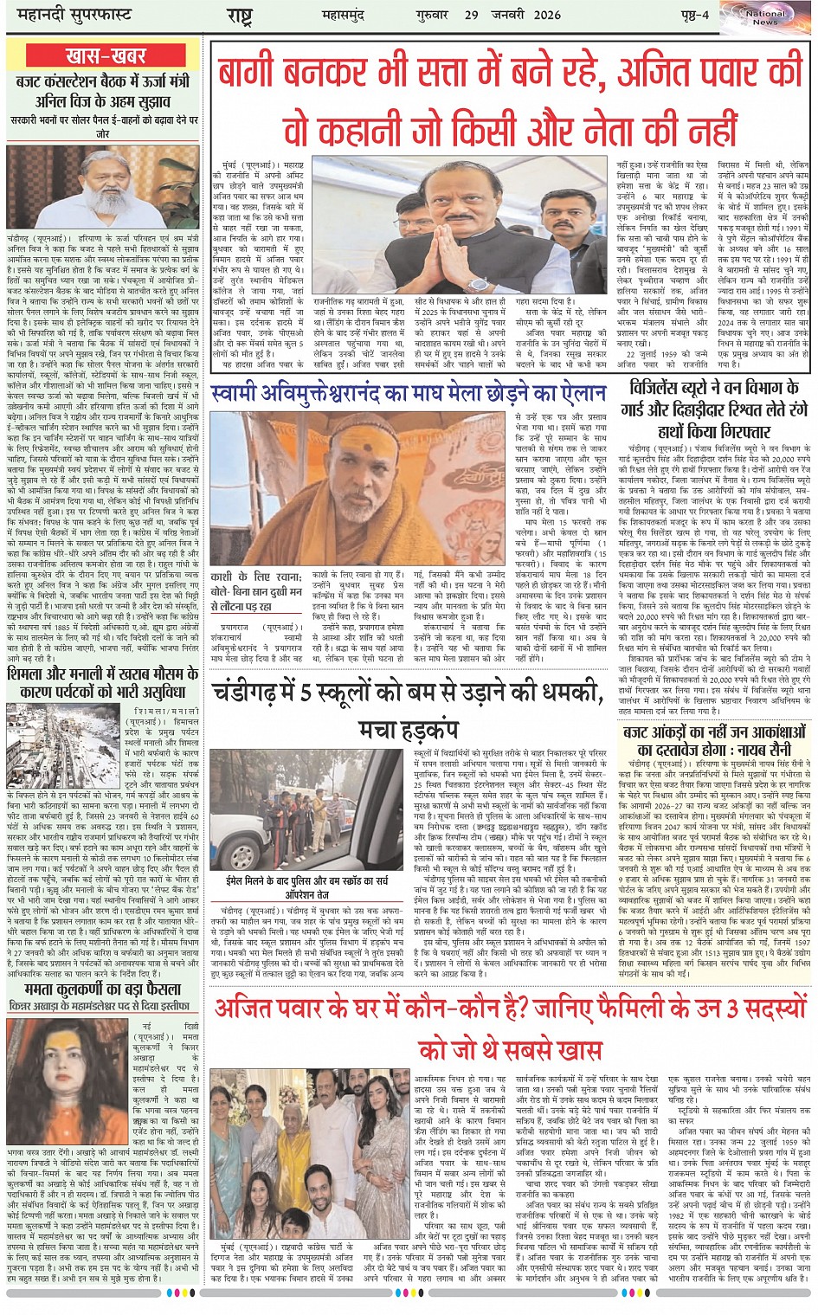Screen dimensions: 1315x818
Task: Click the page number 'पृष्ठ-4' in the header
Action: [x=692, y=16]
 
